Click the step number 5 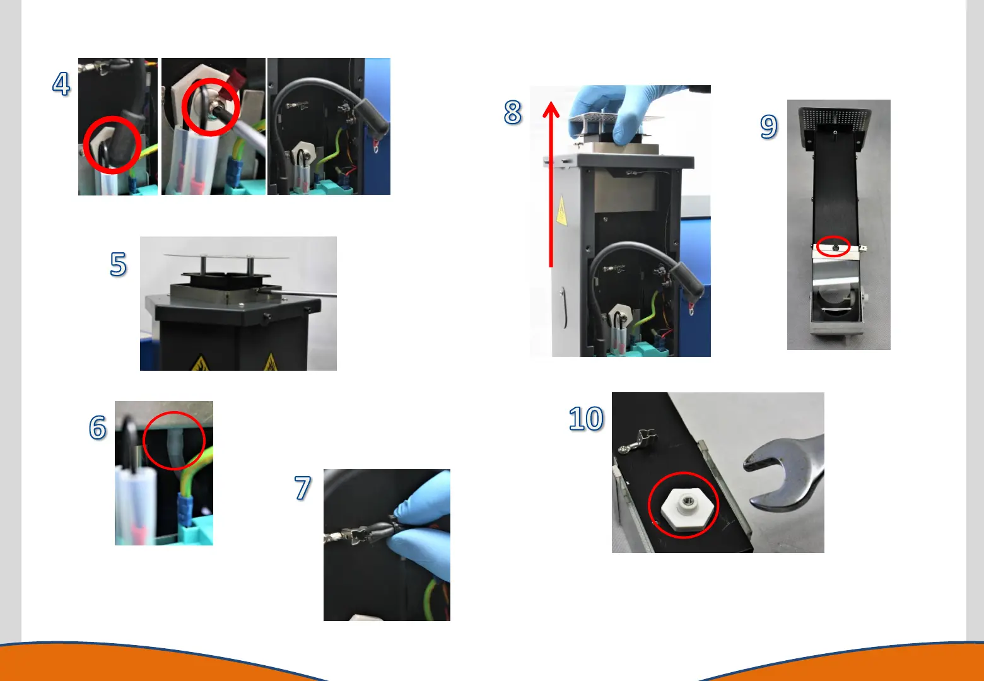tap(118, 264)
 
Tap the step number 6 tap(98, 427)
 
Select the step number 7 tap(303, 488)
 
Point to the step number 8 tap(513, 112)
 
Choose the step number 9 tap(769, 127)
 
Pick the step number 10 tap(586, 418)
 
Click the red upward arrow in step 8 tap(551, 184)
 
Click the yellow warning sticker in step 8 tap(561, 212)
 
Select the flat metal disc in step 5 tap(226, 256)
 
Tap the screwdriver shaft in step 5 tap(299, 293)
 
